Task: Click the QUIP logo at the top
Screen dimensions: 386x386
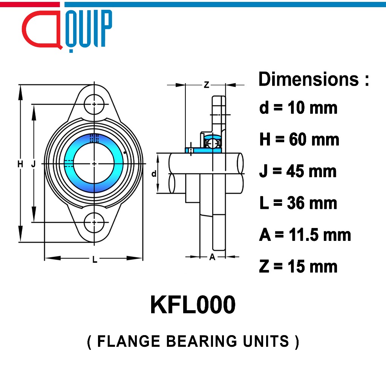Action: (67, 31)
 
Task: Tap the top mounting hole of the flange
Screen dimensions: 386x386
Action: (94, 104)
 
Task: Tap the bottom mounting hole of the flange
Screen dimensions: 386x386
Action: (94, 222)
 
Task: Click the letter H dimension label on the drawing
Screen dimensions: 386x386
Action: (20, 164)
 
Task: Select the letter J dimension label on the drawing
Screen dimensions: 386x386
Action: (34, 164)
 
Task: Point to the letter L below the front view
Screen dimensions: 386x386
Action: (95, 259)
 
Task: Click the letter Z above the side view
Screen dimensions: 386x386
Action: (207, 85)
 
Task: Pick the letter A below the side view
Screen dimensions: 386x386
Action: (212, 257)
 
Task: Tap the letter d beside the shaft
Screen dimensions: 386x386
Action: (154, 174)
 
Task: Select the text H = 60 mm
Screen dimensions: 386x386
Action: (299, 139)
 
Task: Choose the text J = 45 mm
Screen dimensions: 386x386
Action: (298, 171)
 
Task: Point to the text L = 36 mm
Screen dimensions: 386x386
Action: (298, 203)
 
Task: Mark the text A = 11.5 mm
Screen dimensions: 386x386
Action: (305, 235)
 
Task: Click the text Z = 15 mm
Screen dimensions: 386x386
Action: (298, 267)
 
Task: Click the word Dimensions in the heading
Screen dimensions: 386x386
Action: (309, 79)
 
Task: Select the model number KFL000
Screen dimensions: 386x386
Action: (193, 305)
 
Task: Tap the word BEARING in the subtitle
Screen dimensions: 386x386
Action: (202, 341)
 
